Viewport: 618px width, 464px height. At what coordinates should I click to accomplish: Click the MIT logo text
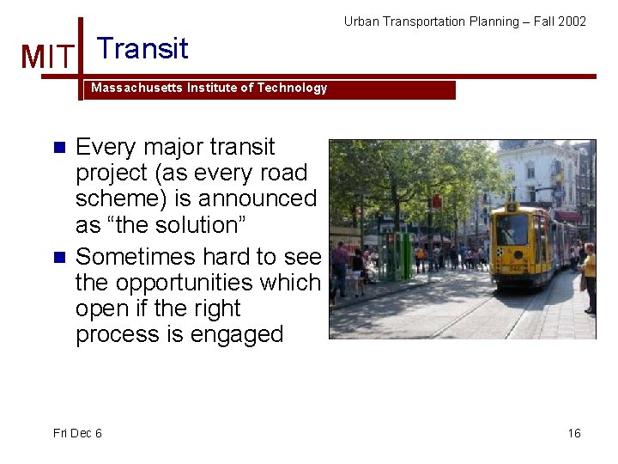click(47, 57)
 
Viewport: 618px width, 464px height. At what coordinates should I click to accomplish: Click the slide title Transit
click(142, 48)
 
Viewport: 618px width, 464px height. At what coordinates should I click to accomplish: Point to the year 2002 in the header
click(573, 21)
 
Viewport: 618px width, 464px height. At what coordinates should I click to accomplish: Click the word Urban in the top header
click(361, 21)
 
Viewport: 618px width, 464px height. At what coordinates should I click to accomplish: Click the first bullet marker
click(59, 147)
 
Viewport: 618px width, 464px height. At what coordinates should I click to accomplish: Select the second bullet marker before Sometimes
click(59, 257)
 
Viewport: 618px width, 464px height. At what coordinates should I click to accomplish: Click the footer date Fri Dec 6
click(77, 433)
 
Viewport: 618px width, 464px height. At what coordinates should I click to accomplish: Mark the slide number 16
click(574, 433)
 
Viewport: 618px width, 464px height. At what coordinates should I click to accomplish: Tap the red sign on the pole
click(436, 201)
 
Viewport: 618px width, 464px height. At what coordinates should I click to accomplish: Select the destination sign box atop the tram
click(513, 207)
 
